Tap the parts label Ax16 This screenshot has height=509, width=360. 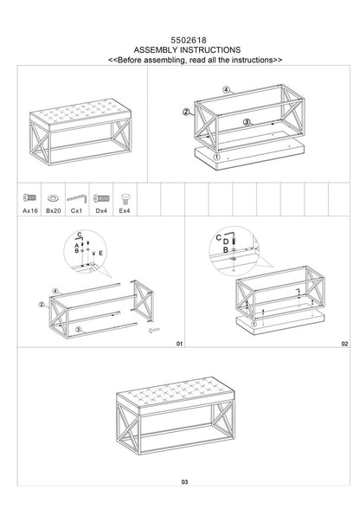click(x=29, y=210)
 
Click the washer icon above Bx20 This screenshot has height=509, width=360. click(x=53, y=197)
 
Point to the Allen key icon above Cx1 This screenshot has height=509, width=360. click(x=77, y=197)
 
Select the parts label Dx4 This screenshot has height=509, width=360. click(x=101, y=210)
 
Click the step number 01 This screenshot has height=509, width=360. click(x=179, y=344)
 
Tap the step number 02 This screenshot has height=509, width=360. click(x=344, y=344)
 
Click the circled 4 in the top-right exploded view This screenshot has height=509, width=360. click(x=225, y=89)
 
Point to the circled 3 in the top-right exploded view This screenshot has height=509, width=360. click(x=247, y=123)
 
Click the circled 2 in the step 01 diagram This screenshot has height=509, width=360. click(x=41, y=305)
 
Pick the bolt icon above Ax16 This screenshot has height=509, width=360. click(x=29, y=197)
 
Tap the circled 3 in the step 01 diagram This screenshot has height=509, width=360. click(x=79, y=330)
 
